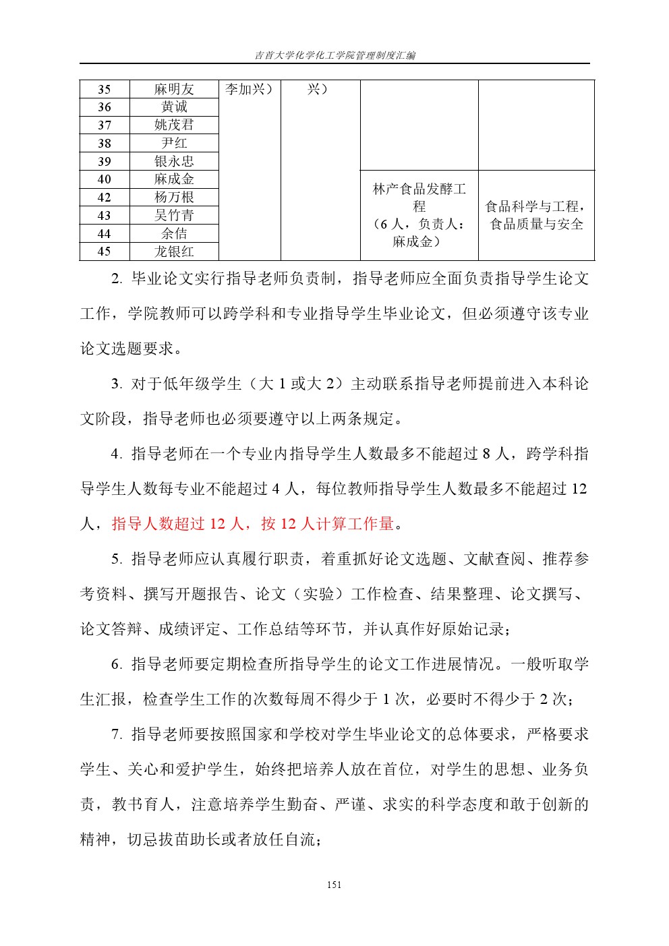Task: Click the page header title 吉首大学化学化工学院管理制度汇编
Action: [x=334, y=55]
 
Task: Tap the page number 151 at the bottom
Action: [x=334, y=885]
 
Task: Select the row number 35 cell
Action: [x=105, y=90]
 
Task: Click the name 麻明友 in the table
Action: [x=174, y=90]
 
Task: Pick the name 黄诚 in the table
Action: [x=174, y=107]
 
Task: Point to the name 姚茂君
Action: [x=174, y=125]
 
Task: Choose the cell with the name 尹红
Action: [x=174, y=143]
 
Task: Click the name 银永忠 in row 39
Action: [x=174, y=161]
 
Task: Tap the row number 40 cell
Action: [x=105, y=179]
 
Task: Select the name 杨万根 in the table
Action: [x=174, y=198]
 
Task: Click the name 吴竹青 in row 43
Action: [x=174, y=216]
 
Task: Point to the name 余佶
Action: [x=174, y=234]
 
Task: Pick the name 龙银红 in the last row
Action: [x=174, y=252]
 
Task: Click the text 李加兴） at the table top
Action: [x=249, y=90]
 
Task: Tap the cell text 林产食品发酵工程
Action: [x=419, y=197]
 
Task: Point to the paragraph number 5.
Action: [x=116, y=559]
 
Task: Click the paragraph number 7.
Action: [x=116, y=734]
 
